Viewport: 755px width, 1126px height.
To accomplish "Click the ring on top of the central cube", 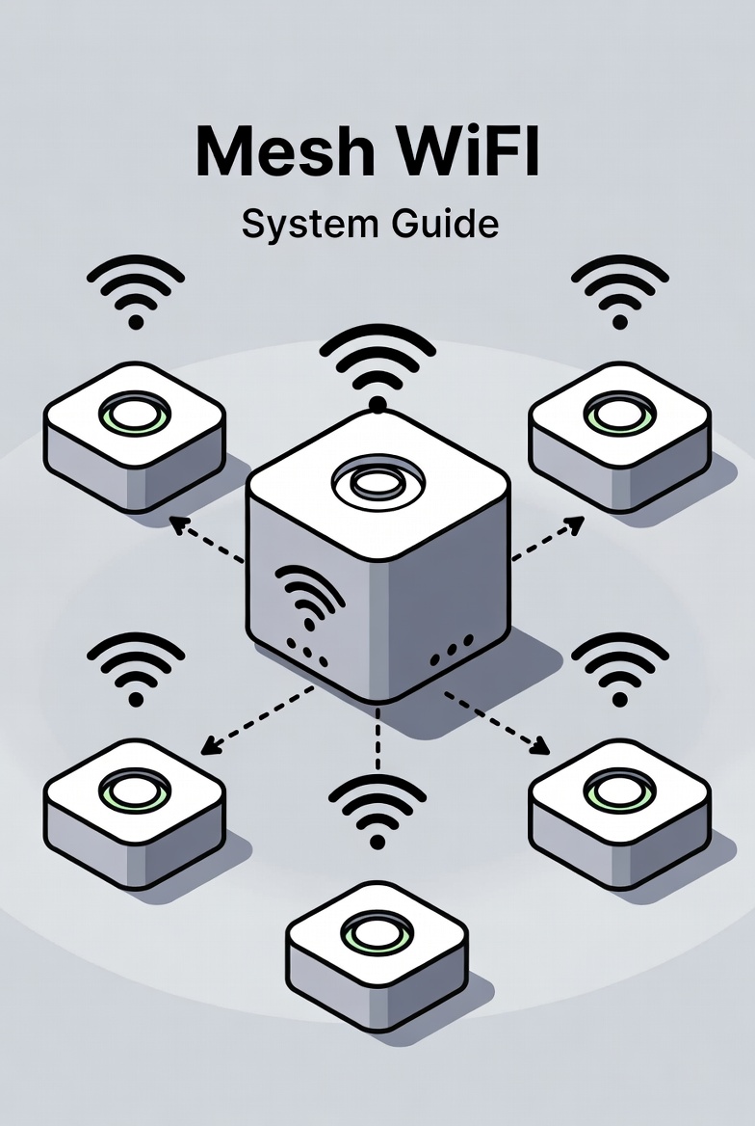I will click(377, 480).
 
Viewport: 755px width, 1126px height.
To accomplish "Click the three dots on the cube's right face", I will click(452, 649).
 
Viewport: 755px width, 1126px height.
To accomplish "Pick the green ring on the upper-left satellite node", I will click(135, 414).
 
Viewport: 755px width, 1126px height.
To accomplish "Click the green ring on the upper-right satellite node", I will click(619, 414).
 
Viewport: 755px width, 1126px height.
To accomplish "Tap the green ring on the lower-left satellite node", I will click(135, 790).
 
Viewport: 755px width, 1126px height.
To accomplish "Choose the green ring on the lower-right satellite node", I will click(619, 790).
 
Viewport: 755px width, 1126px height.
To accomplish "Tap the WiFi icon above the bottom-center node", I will click(377, 810).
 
